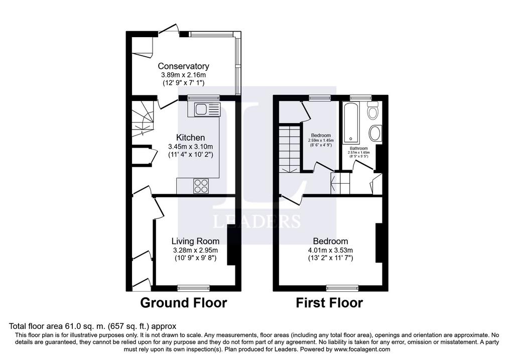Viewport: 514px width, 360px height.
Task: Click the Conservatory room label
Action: (x=183, y=66)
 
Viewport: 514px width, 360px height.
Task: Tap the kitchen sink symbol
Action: (x=204, y=109)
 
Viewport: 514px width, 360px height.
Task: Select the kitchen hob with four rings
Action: (x=202, y=186)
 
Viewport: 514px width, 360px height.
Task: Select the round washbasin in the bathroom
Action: (x=374, y=134)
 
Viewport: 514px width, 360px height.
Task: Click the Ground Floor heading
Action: (x=183, y=303)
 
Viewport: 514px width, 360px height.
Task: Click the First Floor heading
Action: (x=329, y=303)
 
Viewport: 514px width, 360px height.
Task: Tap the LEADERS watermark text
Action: (x=257, y=221)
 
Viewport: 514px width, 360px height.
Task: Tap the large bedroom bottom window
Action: (x=338, y=288)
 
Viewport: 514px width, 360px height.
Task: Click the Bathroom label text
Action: (x=358, y=149)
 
